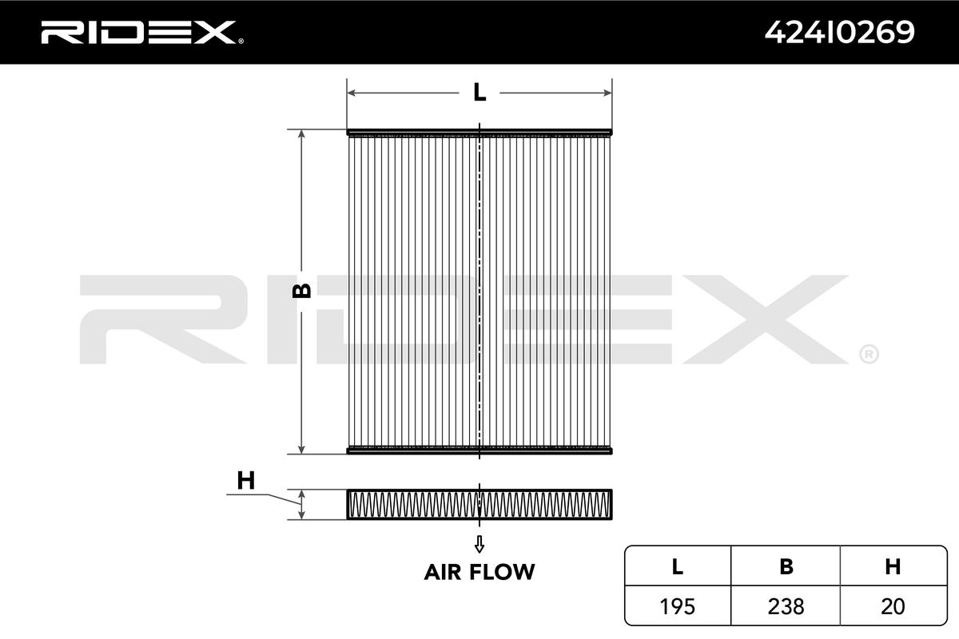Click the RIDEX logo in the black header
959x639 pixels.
click(142, 33)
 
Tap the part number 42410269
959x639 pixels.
click(840, 33)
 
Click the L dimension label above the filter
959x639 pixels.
click(479, 92)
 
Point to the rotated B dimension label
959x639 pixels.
click(301, 291)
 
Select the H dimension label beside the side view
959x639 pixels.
click(246, 480)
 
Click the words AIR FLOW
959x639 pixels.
click(479, 572)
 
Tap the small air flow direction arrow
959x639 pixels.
click(479, 544)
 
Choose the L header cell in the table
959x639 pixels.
click(678, 566)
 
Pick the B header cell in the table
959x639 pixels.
click(786, 566)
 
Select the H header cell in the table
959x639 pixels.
click(893, 566)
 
